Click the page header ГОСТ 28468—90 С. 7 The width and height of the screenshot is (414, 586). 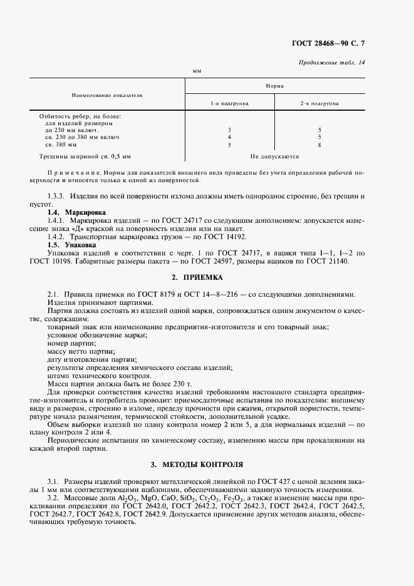click(336, 43)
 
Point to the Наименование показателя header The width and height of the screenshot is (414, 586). click(107, 95)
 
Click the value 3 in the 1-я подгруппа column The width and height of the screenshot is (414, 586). click(229, 130)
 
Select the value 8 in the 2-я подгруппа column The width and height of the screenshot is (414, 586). click(319, 144)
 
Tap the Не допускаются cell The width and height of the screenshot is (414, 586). click(274, 157)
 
